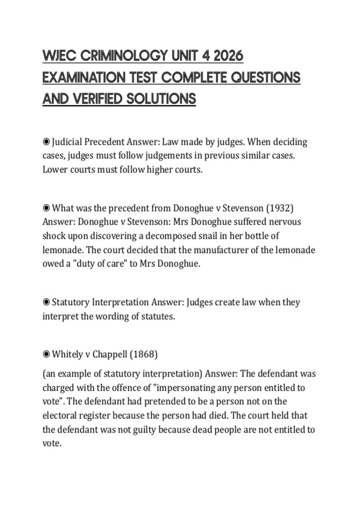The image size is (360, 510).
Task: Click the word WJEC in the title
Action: (59, 56)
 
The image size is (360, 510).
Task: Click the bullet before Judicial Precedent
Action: (46, 142)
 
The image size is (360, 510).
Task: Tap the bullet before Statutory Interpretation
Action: (46, 302)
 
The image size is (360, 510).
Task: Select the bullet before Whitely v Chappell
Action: (46, 354)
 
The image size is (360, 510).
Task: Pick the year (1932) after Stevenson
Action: (280, 208)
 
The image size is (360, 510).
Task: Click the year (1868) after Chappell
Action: (143, 354)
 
